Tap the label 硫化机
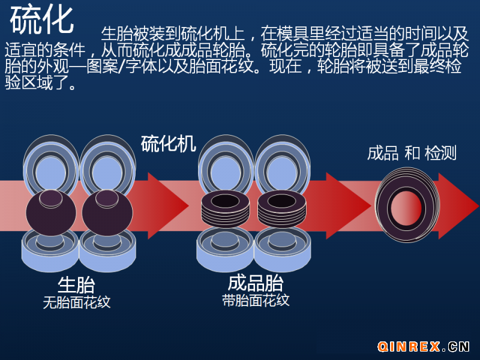[168, 144]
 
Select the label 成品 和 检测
[412, 153]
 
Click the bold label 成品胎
[256, 283]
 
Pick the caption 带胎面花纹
[256, 300]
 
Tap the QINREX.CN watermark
[424, 346]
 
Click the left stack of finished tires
[226, 208]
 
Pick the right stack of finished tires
[281, 208]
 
